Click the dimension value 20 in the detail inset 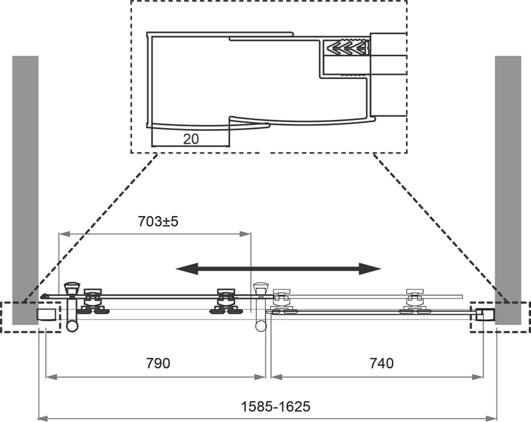click(191, 139)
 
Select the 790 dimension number click(158, 363)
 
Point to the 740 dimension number click(381, 363)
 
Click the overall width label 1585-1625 click(276, 407)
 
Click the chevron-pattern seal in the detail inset click(347, 48)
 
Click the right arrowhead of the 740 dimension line click(481, 377)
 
